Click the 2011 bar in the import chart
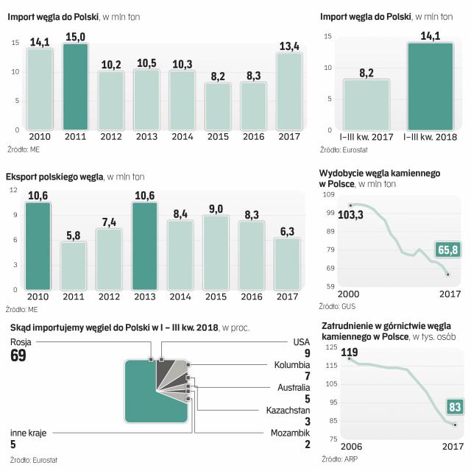[x=75, y=87]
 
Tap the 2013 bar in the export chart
[x=146, y=243]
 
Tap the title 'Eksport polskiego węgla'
[x=54, y=177]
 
